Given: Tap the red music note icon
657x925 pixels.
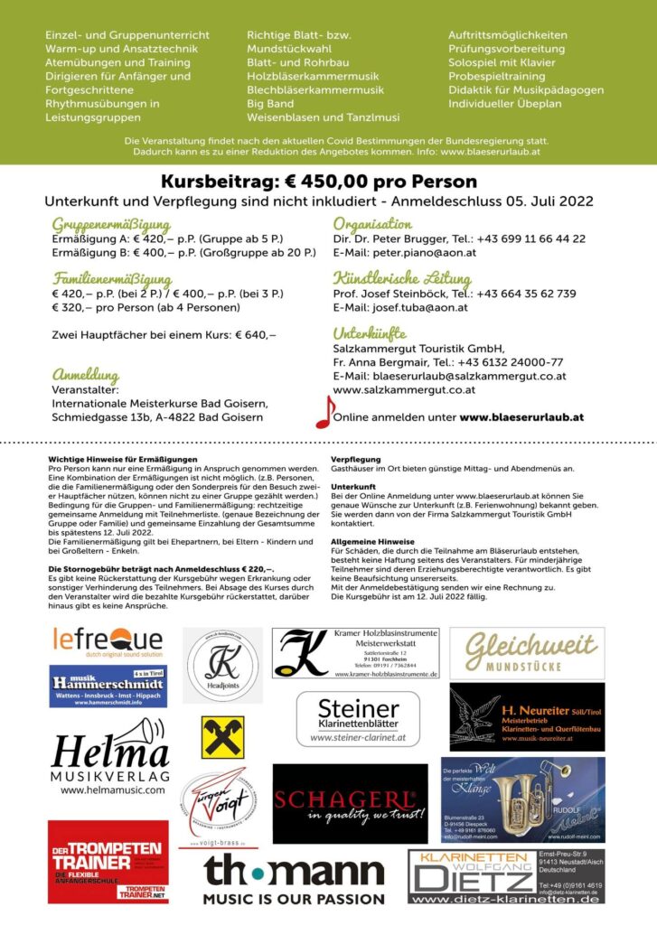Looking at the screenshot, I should tap(324, 412).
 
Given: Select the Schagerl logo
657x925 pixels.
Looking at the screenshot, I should tap(350, 803).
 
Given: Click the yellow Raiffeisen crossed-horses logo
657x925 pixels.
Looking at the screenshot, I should tap(222, 737).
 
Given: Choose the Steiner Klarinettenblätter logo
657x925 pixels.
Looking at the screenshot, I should tap(358, 719).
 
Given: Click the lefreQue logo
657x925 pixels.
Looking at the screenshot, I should tap(108, 639).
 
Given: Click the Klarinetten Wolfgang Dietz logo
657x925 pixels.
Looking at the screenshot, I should tap(471, 876).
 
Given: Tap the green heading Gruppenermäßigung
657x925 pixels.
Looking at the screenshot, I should tap(110, 224).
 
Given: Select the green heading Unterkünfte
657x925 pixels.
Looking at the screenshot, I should tap(370, 333).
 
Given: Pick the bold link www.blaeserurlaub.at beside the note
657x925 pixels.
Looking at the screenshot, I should tap(521, 417).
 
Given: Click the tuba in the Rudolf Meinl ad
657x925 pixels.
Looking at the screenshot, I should tap(523, 790).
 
